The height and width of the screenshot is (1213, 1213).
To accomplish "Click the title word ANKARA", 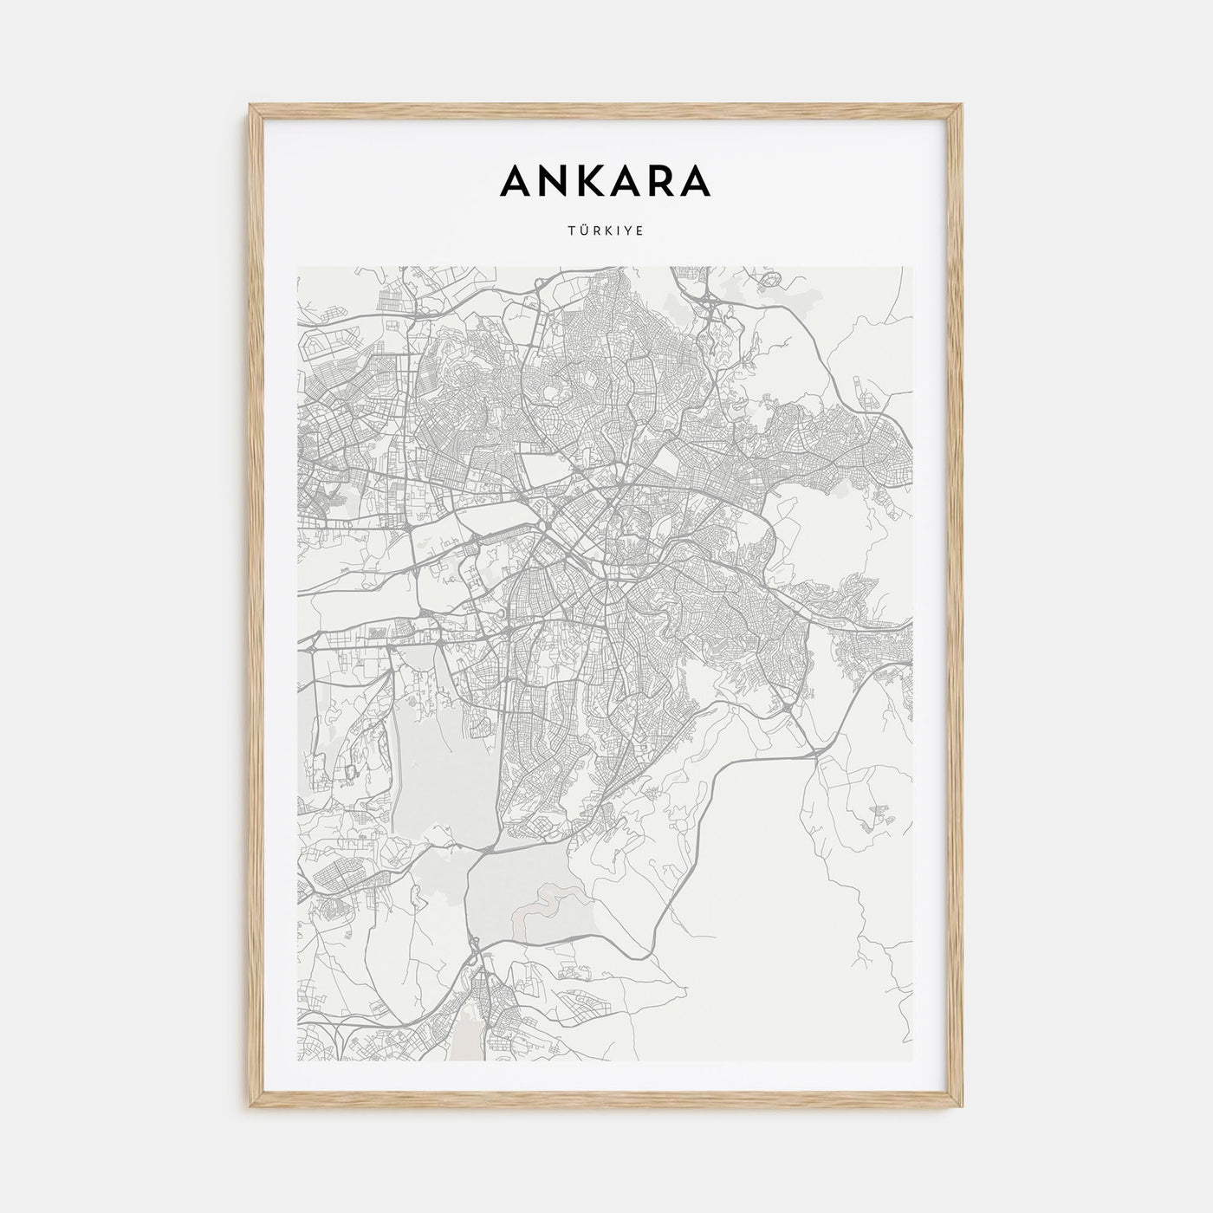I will point(606,180).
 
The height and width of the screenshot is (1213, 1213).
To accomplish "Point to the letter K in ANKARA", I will point(593,180).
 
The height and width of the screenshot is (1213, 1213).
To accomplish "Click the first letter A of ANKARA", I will point(516,180).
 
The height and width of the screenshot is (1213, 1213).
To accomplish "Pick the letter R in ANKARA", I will point(664,180).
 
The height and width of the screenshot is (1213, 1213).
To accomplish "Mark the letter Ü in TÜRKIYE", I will point(584,232).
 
